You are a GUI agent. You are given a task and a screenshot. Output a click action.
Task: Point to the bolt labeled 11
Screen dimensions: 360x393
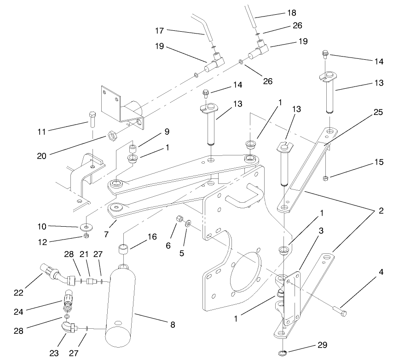tap(91, 119)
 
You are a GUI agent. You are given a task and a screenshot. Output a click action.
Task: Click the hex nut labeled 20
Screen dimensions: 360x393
tap(111, 136)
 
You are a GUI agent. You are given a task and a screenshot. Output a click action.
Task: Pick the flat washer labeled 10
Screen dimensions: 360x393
tap(86, 227)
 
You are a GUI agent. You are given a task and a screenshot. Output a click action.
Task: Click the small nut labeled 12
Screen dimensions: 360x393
tap(86, 236)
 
